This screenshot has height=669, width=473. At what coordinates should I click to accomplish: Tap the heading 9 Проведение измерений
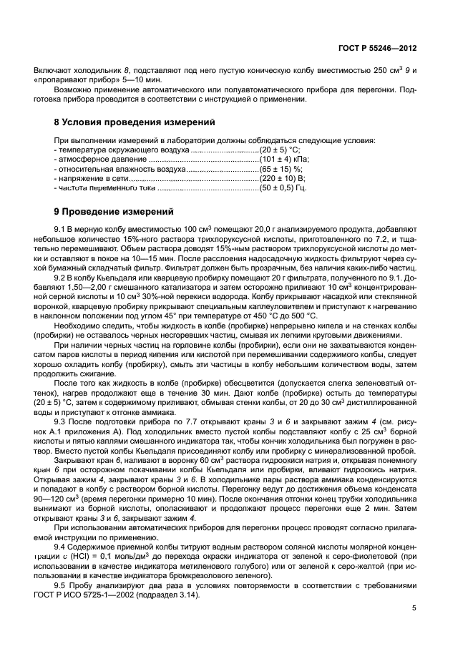114,212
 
